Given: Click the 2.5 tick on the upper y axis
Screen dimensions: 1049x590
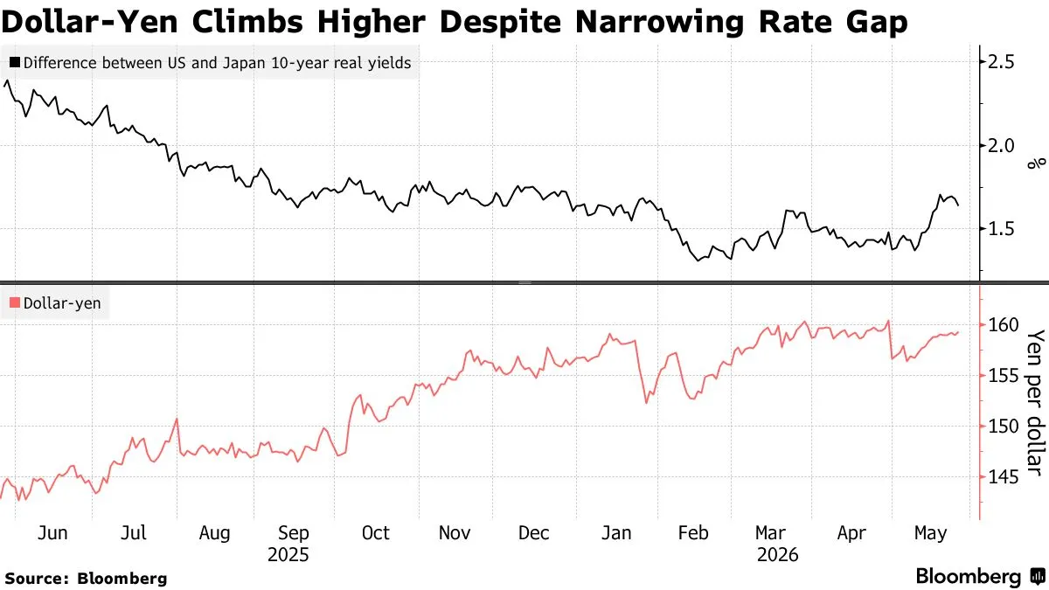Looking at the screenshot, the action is pyautogui.click(x=1000, y=62).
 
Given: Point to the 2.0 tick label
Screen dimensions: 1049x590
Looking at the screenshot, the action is pyautogui.click(x=1000, y=146).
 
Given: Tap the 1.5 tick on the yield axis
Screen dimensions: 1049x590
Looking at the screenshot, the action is pyautogui.click(x=1000, y=229).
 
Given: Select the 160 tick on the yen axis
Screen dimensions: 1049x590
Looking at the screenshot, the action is pyautogui.click(x=1004, y=324).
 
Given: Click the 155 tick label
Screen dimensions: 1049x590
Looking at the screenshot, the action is pyautogui.click(x=1004, y=376).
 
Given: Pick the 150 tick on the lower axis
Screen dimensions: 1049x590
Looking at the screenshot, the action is pyautogui.click(x=1004, y=427).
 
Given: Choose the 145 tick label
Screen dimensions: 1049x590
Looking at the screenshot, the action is pyautogui.click(x=1004, y=477).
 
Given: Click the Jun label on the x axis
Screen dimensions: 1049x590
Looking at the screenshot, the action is pyautogui.click(x=52, y=533).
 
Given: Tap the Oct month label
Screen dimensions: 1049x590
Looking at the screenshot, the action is pyautogui.click(x=376, y=533).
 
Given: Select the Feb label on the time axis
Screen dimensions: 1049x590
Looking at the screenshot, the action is pyautogui.click(x=693, y=533).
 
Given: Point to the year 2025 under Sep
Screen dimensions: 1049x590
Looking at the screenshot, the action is pyautogui.click(x=288, y=555).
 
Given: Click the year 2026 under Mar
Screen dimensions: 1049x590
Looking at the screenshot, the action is pyautogui.click(x=777, y=555).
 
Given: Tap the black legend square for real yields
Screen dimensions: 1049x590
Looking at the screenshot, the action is pyautogui.click(x=15, y=62).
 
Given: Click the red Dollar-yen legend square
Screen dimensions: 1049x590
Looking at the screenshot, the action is pyautogui.click(x=15, y=302).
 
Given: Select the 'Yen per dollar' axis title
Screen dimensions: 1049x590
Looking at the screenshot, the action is pyautogui.click(x=1036, y=403).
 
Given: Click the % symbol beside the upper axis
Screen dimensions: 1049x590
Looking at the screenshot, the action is pyautogui.click(x=1037, y=163).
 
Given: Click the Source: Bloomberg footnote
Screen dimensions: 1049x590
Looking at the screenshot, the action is pyautogui.click(x=87, y=579).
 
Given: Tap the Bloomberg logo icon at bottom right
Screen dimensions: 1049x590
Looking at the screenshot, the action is pyautogui.click(x=1038, y=576).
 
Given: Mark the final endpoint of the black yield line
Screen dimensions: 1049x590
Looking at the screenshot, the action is pyautogui.click(x=958, y=205).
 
